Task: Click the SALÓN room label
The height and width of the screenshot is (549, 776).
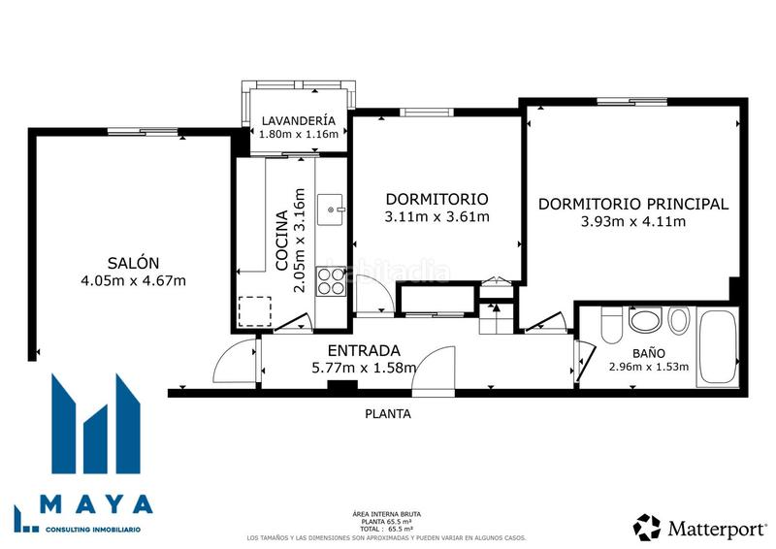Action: coord(134,263)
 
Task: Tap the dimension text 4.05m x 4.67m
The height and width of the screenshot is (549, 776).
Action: coord(134,281)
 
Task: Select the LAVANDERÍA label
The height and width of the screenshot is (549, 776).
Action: coord(299,120)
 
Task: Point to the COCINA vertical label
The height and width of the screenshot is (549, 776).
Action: coord(281,240)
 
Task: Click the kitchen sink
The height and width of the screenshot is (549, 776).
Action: coord(334,207)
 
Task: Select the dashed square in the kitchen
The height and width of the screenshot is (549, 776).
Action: coord(255,310)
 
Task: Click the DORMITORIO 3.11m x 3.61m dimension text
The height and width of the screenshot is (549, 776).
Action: coord(436,216)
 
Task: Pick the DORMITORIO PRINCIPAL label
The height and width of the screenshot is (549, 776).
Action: coord(632,204)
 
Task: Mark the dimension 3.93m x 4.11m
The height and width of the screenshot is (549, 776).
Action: coord(632,222)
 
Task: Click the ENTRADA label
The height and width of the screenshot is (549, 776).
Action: coord(364,350)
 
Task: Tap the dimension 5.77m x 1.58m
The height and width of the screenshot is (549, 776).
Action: coord(364,368)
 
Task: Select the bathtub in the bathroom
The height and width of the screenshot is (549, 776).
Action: coord(718,346)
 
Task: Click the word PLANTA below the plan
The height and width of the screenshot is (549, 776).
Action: coord(387,413)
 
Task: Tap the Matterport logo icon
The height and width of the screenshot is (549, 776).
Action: coord(647,527)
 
